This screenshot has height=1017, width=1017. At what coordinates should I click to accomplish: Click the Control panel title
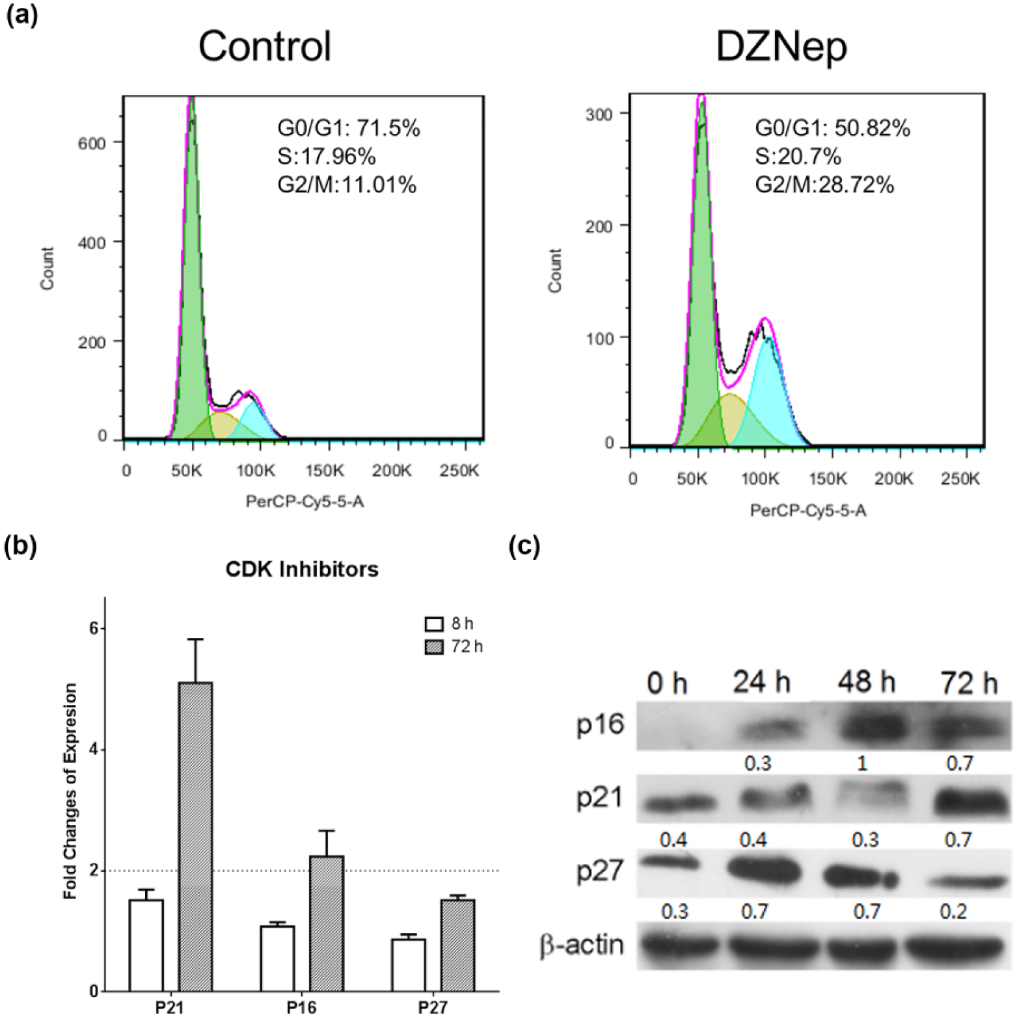pos(265,47)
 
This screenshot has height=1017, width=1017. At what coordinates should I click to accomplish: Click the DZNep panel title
pos(781,47)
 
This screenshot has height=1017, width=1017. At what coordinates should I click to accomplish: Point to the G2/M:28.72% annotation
pos(824,185)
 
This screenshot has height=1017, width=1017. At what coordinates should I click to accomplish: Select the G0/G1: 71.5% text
pos(349,128)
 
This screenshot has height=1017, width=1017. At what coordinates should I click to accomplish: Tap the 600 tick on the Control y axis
pos(92,143)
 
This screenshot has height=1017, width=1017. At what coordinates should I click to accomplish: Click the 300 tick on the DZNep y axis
pos(599,114)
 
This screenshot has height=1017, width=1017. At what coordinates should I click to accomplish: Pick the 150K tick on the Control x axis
pos(325,470)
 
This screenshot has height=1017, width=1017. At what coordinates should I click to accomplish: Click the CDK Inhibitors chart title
pos(302,570)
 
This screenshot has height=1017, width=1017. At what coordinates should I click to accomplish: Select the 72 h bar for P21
pos(195,837)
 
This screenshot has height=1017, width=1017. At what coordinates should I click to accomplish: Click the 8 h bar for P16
pos(277,958)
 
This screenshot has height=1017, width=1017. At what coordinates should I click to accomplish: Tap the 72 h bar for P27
pos(457,945)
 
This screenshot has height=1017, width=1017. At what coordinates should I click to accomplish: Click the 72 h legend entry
pos(454,647)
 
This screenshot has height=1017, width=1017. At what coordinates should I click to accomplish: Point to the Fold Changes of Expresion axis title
pos(70,791)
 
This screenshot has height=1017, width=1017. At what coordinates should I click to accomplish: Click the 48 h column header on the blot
pos(865,683)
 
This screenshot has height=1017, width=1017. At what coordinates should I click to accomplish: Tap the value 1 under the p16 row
pos(863,763)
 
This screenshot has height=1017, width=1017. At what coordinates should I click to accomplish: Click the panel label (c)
pos(524,546)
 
